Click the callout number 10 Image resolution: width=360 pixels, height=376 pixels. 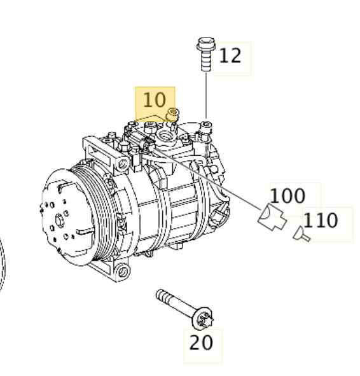click(154, 100)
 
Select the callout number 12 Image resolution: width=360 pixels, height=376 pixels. click(230, 56)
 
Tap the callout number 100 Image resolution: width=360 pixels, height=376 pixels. click(287, 196)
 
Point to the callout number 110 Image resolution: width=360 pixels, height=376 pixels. click(320, 221)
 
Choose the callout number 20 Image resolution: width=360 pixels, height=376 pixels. click(202, 343)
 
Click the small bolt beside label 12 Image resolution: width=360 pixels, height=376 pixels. click(205, 55)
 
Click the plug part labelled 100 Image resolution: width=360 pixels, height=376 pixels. click(271, 218)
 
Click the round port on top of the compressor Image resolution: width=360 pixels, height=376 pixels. click(167, 134)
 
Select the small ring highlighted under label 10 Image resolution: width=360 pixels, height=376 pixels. click(170, 115)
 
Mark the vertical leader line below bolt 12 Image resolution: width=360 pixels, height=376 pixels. click(206, 95)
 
